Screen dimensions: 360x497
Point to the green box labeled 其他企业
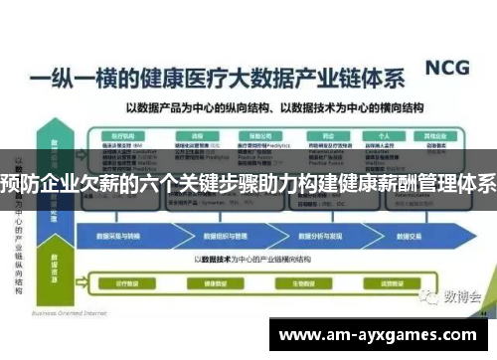click(x=435, y=132)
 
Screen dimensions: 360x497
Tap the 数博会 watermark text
click(x=462, y=269)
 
